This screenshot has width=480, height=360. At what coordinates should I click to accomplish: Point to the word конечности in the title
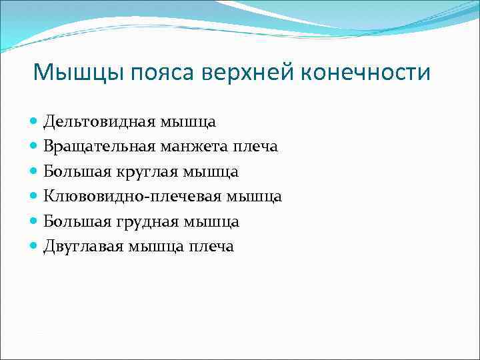(367, 72)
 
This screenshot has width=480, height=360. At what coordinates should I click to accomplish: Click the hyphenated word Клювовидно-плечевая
(133, 197)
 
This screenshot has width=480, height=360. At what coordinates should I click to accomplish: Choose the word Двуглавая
(83, 247)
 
